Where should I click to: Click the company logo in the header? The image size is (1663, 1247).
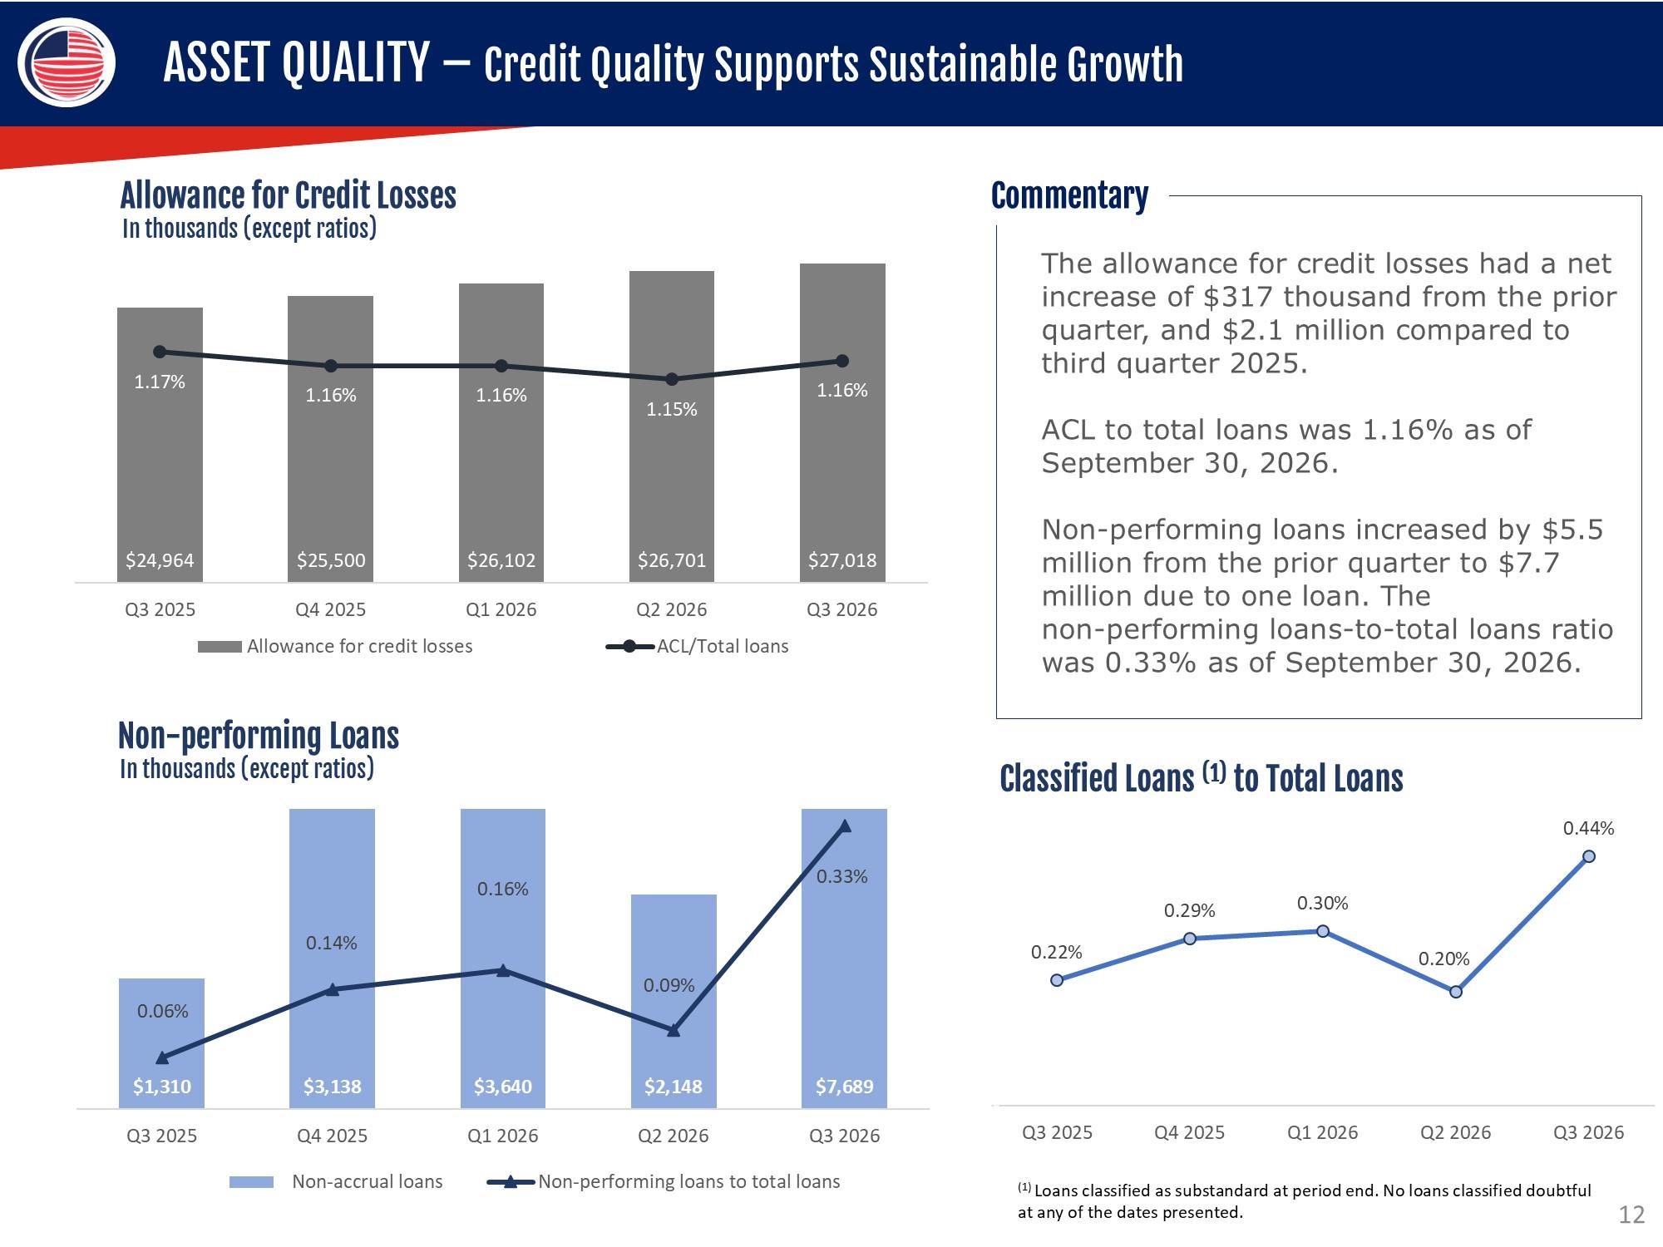point(67,62)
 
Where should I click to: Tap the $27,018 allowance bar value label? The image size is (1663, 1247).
point(842,560)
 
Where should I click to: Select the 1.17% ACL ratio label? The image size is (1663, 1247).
point(160,382)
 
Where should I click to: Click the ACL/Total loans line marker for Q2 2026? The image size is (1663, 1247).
point(672,379)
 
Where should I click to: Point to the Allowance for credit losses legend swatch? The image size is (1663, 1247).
point(220,647)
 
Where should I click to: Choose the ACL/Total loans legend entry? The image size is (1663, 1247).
point(697,646)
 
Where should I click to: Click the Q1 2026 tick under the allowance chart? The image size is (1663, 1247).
point(501,609)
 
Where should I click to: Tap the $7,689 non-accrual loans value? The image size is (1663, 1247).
point(844,1087)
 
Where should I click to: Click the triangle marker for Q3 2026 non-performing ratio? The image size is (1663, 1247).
point(845,826)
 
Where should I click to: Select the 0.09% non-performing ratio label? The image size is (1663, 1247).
point(669,985)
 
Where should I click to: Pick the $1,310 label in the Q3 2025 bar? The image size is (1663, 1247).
point(162,1087)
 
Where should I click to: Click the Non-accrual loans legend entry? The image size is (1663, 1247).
point(336,1181)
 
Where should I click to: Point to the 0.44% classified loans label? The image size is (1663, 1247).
point(1588,828)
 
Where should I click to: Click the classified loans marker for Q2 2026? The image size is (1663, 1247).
point(1456,992)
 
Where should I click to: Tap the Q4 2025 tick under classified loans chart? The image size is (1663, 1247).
point(1189,1132)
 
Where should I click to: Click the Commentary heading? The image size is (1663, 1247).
point(1069,196)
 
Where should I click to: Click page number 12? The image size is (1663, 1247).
point(1631,1215)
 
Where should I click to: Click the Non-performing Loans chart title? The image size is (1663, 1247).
point(259,736)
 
